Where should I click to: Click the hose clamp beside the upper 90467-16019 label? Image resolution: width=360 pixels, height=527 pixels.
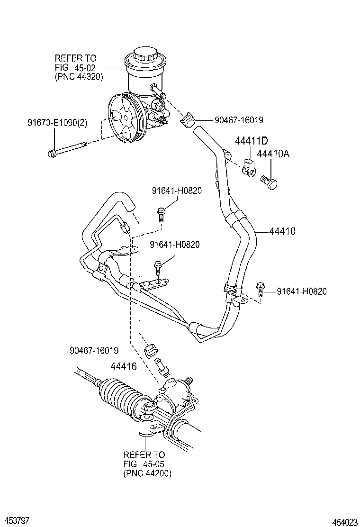188,120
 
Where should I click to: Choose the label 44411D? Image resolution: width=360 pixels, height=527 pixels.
252,141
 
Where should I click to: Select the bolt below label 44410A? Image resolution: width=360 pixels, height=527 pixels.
270,181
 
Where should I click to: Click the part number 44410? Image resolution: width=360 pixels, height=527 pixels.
282,232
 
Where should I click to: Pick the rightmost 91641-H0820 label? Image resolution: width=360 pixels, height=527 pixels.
302,291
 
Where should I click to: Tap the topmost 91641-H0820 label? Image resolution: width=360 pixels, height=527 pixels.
177,191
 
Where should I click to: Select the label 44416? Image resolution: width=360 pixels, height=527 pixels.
124,366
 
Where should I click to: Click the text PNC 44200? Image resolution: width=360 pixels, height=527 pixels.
147,473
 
